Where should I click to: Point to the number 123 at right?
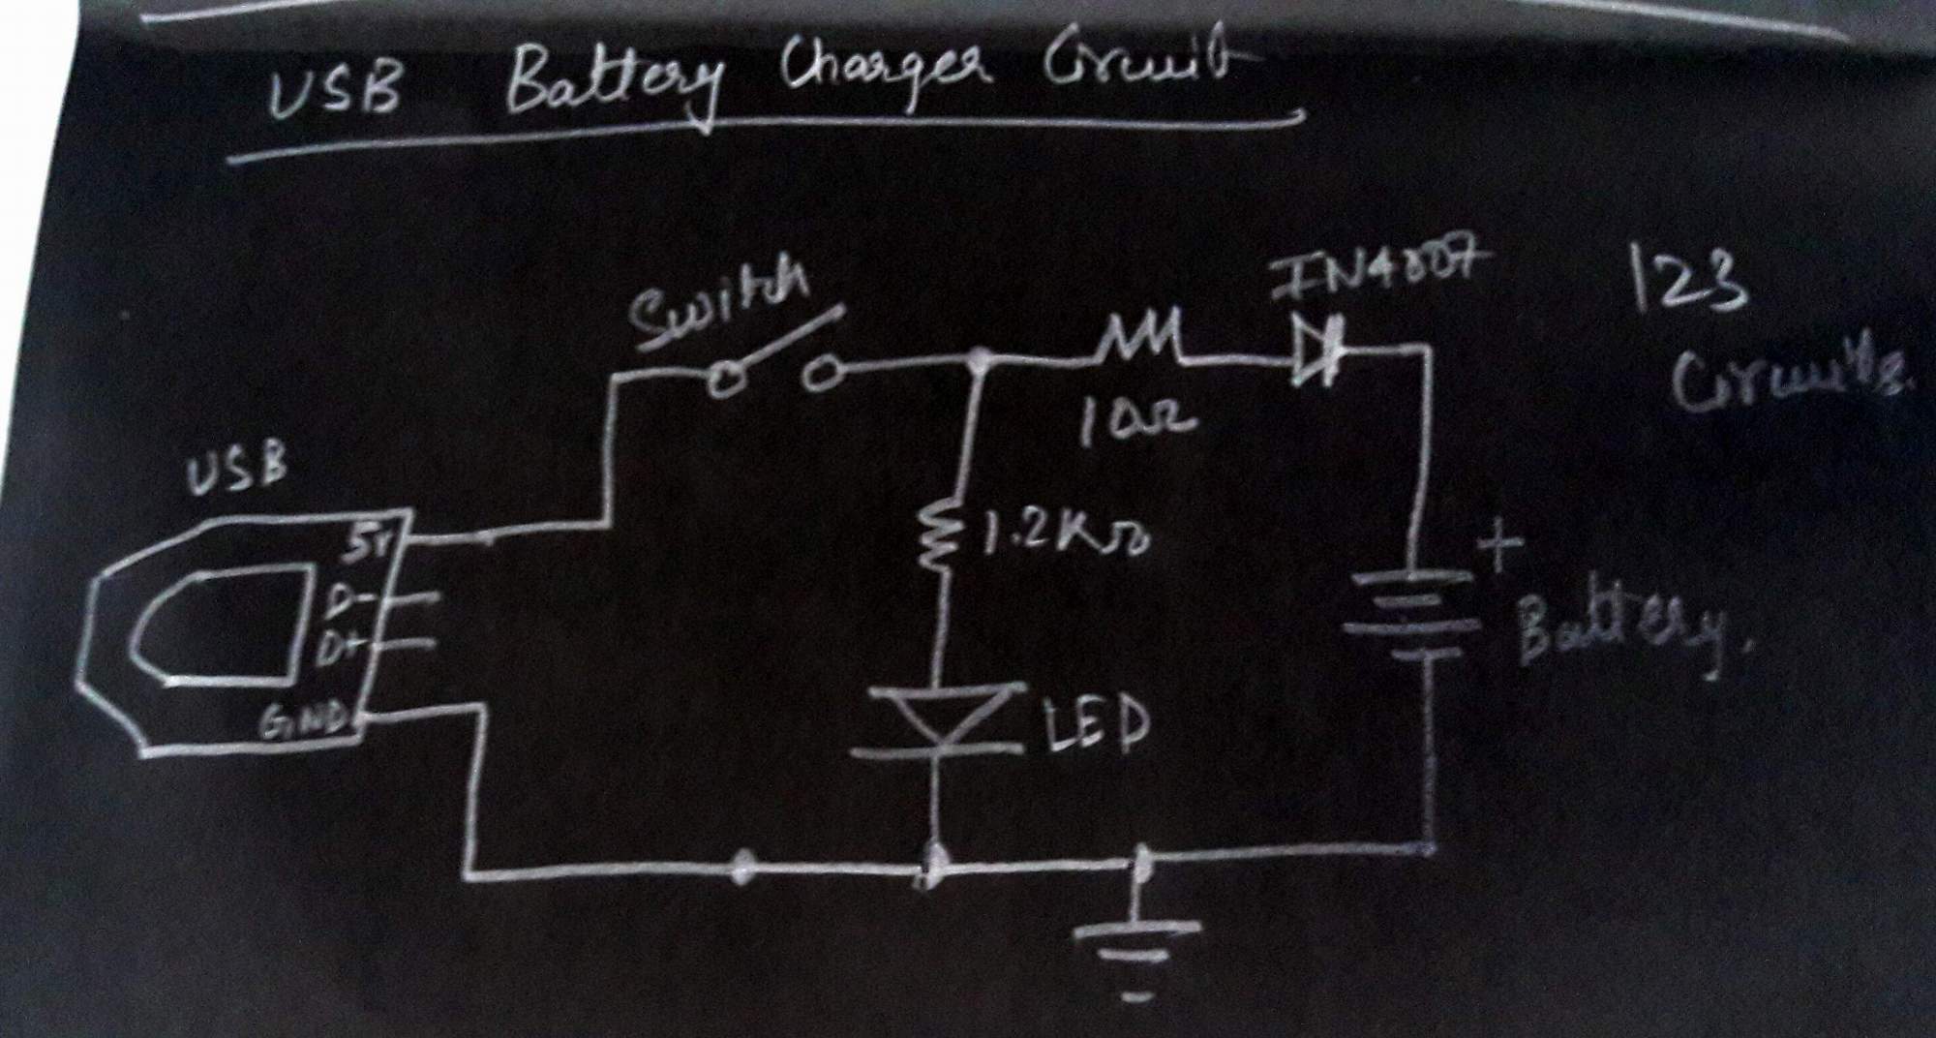click(x=1689, y=281)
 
